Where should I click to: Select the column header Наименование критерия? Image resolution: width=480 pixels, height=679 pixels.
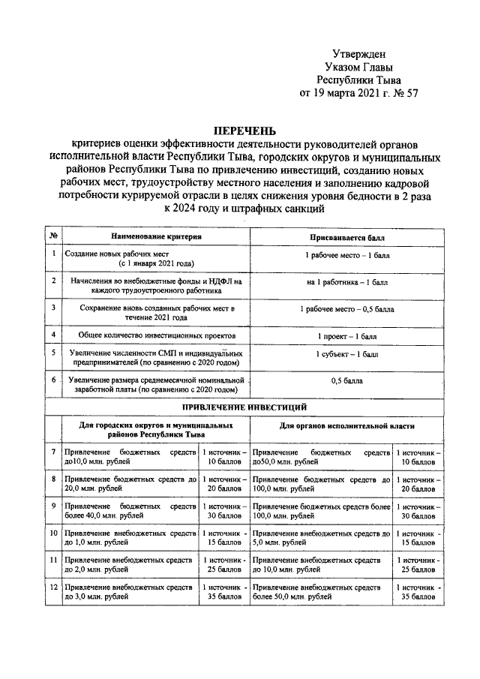157,236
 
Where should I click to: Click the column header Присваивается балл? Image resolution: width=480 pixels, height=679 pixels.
349,236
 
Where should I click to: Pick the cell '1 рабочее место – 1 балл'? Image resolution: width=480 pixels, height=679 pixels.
348,256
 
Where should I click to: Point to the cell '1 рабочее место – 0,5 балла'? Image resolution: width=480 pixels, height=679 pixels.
348,308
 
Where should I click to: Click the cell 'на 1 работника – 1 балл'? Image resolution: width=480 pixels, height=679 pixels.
348,282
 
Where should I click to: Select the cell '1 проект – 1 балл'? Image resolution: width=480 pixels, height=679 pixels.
348,334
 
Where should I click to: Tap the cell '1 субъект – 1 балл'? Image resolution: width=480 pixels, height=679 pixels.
348,353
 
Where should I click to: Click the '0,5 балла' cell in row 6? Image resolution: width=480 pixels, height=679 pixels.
348,380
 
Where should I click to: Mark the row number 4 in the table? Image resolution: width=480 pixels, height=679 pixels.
53,334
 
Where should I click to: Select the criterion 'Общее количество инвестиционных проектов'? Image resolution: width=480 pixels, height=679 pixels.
157,335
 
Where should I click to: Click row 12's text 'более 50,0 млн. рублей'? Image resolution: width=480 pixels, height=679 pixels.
292,596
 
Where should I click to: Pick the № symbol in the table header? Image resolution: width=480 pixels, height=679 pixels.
53,236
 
